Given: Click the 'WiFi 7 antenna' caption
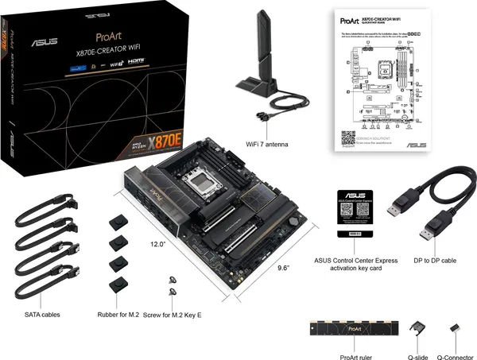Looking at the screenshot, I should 268,144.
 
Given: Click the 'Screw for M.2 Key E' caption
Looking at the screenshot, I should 173,315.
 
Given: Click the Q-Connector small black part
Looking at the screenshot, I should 455,327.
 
